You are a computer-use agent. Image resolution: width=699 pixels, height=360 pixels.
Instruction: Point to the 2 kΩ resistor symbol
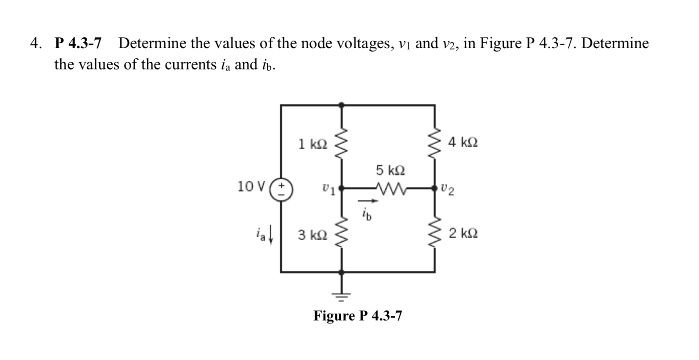point(435,234)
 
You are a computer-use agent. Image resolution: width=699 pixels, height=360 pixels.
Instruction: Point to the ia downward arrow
point(271,238)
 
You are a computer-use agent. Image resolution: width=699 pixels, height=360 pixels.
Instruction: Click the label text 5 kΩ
point(390,170)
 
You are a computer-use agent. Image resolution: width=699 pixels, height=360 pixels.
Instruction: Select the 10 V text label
point(251,186)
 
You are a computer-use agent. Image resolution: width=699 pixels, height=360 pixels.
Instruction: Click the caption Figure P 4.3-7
point(358,316)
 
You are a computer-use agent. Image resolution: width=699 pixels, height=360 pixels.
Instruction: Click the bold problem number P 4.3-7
point(78,43)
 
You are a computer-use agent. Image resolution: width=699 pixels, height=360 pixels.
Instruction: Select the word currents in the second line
point(189,65)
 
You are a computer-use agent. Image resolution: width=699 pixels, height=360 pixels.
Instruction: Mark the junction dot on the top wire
point(341,105)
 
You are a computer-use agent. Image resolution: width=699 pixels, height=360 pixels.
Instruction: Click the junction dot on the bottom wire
point(341,272)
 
